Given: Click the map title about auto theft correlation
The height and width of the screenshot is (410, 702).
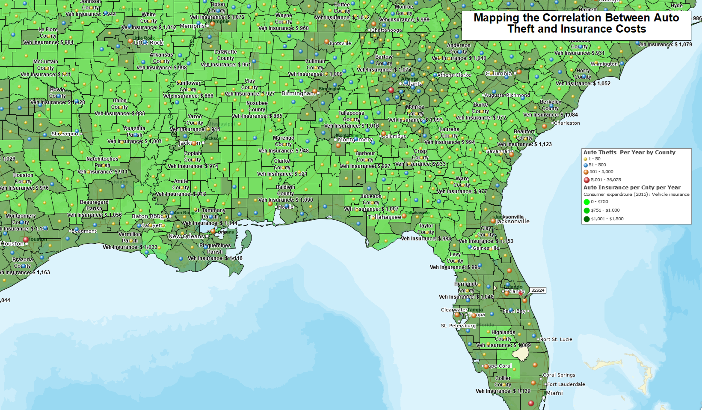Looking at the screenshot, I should (576, 23).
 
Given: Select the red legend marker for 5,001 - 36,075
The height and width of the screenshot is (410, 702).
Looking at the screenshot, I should (586, 180).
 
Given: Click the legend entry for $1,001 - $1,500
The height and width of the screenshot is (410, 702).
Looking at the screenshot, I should (607, 219).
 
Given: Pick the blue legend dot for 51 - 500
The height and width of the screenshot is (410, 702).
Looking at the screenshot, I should (586, 165).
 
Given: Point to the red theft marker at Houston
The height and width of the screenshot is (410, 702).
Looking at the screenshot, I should (26, 239).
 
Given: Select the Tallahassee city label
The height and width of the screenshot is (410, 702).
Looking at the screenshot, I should (384, 217).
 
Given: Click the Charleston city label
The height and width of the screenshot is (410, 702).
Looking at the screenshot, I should (567, 123).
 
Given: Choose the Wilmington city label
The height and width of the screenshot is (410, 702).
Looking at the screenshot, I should (604, 64).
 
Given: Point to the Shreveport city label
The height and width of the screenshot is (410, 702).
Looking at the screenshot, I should (65, 134).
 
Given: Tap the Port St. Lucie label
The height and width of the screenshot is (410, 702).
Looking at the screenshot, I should (556, 340).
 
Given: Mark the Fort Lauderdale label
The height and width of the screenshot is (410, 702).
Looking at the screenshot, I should (566, 384).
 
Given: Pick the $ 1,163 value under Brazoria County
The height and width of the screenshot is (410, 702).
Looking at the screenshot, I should (41, 272).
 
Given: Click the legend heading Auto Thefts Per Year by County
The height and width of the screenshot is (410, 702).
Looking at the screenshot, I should (629, 152).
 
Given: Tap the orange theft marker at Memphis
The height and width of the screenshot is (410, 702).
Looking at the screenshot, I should (213, 24).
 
